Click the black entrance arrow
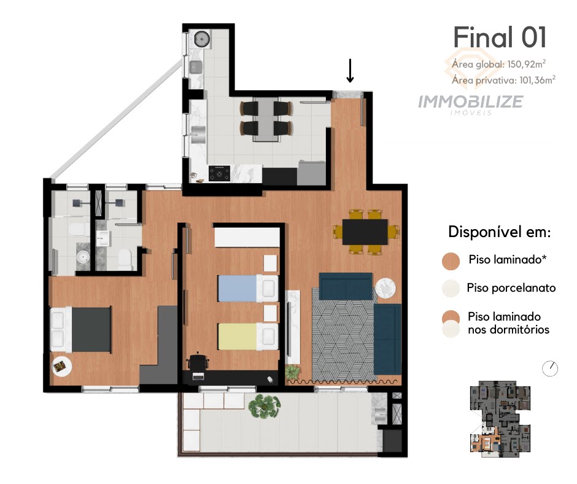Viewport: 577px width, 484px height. click(350, 71)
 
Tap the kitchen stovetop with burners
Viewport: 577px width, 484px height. click(219, 173)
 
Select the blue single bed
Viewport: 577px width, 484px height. click(248, 288)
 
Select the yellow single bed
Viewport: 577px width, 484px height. click(248, 337)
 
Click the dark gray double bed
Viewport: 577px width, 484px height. click(80, 329)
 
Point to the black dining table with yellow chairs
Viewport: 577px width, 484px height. click(365, 232)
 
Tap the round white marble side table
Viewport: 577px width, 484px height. click(385, 287)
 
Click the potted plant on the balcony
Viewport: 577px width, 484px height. click(264, 406)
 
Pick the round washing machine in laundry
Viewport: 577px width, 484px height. click(202, 39)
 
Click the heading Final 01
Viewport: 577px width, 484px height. click(500, 37)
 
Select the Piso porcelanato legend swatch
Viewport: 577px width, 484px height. click(451, 288)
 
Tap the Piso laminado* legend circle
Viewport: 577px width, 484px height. click(451, 261)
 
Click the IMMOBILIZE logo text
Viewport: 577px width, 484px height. click(471, 102)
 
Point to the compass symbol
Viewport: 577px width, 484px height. click(550, 369)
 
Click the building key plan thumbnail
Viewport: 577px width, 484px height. click(500, 418)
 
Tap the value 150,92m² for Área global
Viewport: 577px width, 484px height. click(526, 64)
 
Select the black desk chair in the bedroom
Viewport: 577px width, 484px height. click(199, 361)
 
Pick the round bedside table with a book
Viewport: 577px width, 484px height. click(62, 366)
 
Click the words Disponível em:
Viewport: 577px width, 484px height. click(500, 232)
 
